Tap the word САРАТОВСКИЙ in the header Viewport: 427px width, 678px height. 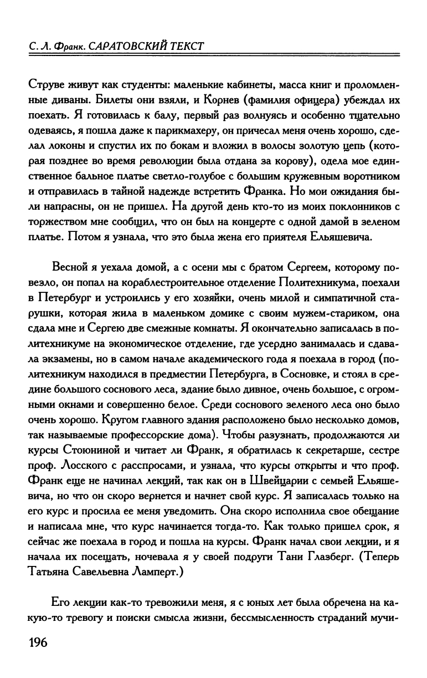tap(131, 45)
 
